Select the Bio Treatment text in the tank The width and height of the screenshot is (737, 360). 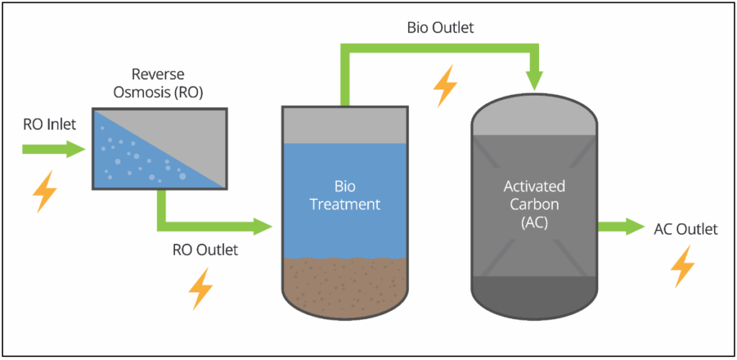345,195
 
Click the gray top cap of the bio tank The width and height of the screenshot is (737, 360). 345,125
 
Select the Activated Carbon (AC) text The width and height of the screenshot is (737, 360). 534,204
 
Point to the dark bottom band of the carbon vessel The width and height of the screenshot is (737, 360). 534,292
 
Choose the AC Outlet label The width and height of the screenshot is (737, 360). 686,230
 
